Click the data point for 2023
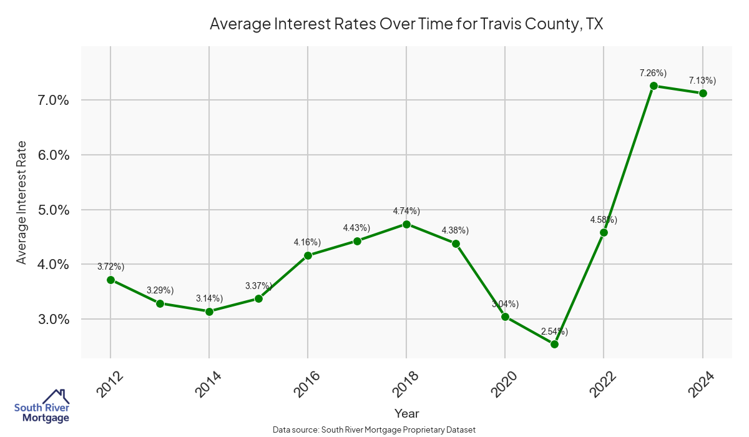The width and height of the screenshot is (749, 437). click(653, 86)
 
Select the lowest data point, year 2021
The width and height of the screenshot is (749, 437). click(554, 344)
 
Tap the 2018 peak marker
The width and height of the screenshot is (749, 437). click(406, 224)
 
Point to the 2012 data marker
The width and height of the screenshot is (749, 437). click(110, 280)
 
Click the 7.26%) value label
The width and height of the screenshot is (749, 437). click(653, 73)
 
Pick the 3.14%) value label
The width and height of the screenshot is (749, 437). click(209, 298)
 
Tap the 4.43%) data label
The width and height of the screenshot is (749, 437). click(357, 228)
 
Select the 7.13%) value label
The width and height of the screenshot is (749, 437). click(702, 81)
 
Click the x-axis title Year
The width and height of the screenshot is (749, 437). click(406, 413)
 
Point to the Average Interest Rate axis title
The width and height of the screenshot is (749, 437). click(22, 202)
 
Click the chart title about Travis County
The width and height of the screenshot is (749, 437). click(406, 24)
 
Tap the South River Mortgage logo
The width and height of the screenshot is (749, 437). click(42, 406)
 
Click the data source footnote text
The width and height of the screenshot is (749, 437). click(374, 430)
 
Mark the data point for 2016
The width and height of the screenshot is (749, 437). click(308, 255)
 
